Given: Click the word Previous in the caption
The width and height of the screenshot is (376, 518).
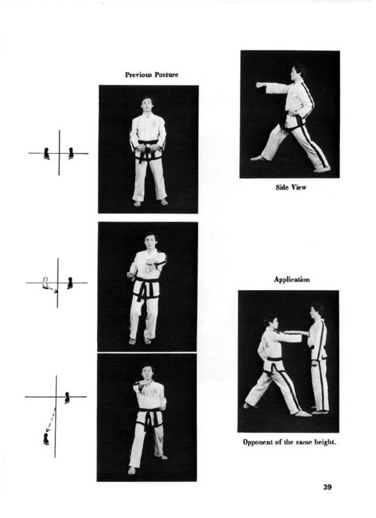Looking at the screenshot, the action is point(139,75).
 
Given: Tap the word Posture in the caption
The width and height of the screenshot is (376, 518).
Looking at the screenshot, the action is point(166,75).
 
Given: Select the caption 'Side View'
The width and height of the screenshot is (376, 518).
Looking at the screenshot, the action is point(291,187).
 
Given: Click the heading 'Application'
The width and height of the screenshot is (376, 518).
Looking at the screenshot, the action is point(292,280).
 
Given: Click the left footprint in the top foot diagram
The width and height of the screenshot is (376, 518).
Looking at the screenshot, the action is point(47,154).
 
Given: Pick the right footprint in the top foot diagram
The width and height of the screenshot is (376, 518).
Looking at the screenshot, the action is point(71,154).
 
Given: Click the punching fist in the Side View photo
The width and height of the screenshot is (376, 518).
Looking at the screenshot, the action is point(260,85).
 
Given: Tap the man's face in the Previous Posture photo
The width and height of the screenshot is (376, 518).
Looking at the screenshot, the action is point(147,105).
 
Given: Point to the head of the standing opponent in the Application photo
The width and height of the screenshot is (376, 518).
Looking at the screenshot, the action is point(315,311).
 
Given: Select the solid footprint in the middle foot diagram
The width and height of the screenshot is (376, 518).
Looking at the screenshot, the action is point(70,283).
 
